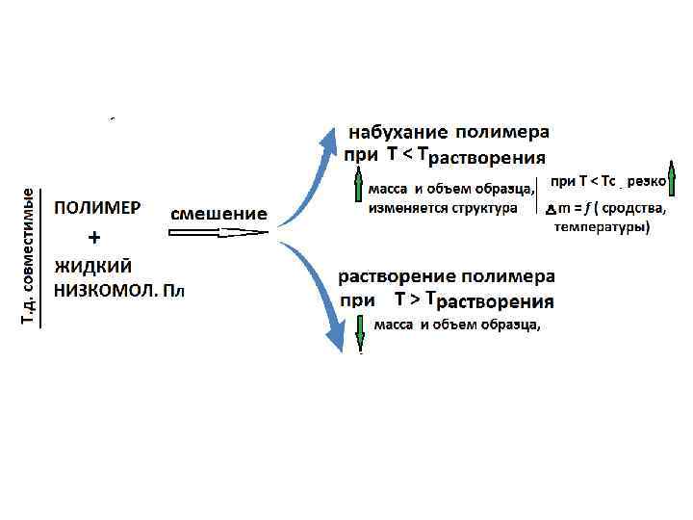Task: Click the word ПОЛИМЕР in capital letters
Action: [96, 208]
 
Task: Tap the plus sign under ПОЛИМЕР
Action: [94, 237]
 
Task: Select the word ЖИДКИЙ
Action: [92, 265]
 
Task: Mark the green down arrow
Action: [359, 329]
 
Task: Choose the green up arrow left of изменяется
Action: [358, 193]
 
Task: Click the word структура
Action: [484, 207]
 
